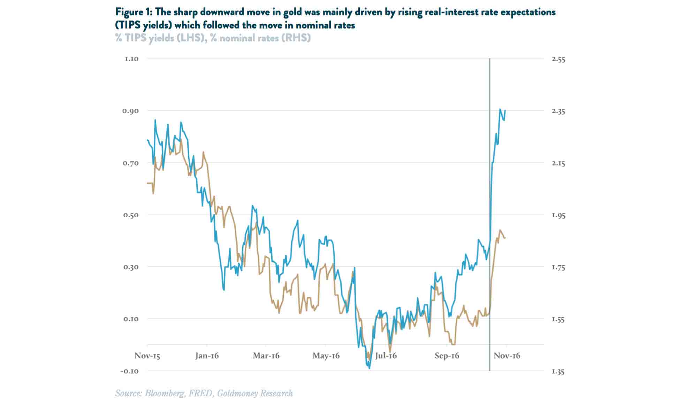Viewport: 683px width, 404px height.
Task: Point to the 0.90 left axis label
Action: [130, 111]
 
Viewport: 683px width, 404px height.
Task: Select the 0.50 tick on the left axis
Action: [131, 215]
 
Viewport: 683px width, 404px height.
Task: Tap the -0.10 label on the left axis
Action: [129, 371]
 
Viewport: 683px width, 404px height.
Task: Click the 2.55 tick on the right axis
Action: [559, 59]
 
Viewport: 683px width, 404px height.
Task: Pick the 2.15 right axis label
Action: [559, 163]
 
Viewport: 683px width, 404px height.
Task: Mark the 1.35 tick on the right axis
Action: [559, 372]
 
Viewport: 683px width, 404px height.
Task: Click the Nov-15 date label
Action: [147, 356]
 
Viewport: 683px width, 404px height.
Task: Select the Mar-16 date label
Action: [266, 356]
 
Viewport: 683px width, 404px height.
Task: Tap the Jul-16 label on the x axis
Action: [386, 356]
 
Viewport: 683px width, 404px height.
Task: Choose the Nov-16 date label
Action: [507, 356]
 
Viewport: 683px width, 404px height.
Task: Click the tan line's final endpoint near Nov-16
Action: [506, 238]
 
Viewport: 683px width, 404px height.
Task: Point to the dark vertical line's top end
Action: [490, 59]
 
